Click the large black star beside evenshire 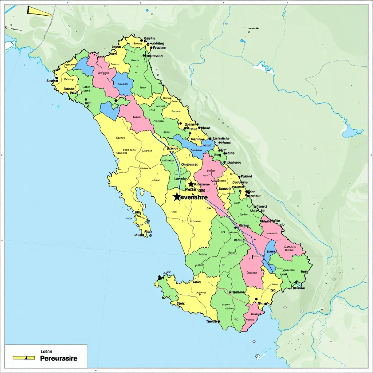pyautogui.click(x=177, y=197)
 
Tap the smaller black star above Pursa pyautogui.click(x=191, y=184)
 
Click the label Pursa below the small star pyautogui.click(x=191, y=190)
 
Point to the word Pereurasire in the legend pyautogui.click(x=58, y=358)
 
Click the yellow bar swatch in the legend pyautogui.click(x=24, y=358)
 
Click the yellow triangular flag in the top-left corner pyautogui.click(x=39, y=12)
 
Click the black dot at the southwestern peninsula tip pyautogui.click(x=160, y=278)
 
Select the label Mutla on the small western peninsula pyautogui.click(x=139, y=236)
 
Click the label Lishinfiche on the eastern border pyautogui.click(x=221, y=138)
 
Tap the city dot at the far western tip pyautogui.click(x=56, y=78)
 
